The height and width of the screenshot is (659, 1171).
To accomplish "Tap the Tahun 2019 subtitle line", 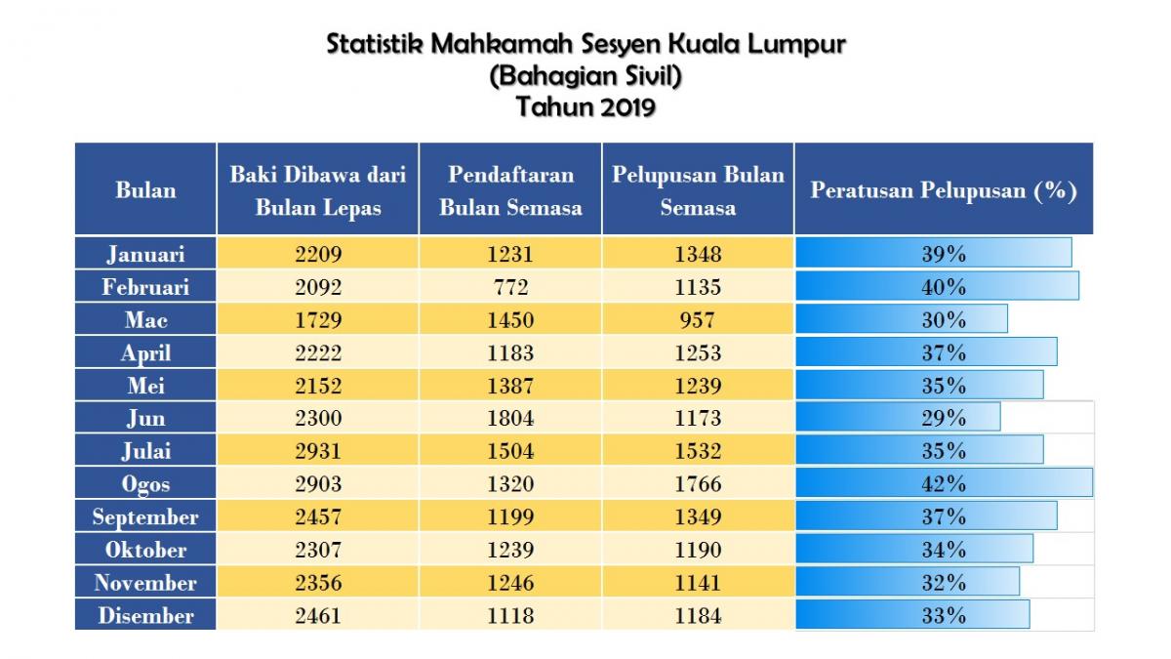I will [585, 105].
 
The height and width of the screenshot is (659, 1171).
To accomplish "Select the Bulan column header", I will [145, 189].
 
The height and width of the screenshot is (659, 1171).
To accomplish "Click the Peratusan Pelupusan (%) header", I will [943, 189].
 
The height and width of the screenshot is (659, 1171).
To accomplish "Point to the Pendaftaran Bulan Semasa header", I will [510, 190].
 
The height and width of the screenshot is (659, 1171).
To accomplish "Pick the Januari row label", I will [145, 254].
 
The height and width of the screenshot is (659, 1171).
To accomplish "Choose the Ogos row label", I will [145, 484].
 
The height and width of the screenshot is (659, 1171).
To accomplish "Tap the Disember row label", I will [145, 615].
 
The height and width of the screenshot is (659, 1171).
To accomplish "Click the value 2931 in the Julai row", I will [318, 451].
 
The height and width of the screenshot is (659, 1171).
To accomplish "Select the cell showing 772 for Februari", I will [510, 287].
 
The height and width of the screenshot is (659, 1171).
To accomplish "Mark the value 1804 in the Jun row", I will [510, 418].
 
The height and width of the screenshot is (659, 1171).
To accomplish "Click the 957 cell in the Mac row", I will [698, 319].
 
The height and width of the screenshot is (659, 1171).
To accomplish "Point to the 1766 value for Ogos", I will [698, 484].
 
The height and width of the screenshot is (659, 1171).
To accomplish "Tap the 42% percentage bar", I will [943, 484].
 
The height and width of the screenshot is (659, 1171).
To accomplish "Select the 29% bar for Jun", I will [898, 418].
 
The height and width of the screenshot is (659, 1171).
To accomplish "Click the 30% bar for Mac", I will [902, 319].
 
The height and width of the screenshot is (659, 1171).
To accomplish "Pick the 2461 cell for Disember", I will [318, 615].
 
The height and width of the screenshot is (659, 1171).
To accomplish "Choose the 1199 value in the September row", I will [510, 516].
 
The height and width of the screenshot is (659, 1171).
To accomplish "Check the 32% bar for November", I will [908, 583].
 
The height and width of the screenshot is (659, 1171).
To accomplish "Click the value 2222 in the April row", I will [318, 352].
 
